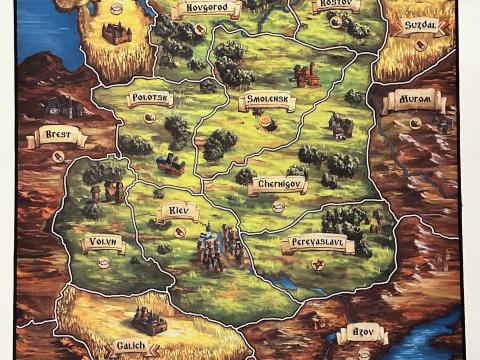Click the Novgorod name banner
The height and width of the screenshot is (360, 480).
206,10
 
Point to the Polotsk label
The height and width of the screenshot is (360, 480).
150,99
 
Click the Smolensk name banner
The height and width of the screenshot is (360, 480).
268,101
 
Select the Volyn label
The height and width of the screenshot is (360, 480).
101,241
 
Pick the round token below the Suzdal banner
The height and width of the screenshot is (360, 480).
420,44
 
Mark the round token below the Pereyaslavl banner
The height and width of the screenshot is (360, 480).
318,264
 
